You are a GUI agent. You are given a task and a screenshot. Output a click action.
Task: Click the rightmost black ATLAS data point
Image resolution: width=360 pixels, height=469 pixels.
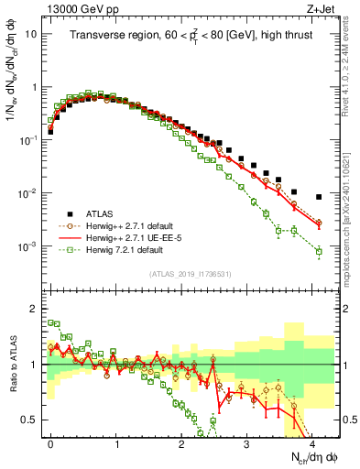(319, 197)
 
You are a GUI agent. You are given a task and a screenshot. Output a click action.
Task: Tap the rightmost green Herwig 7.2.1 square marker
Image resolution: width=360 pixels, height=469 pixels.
(319, 251)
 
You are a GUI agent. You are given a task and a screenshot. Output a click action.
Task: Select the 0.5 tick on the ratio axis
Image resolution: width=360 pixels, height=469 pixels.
(31, 420)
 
